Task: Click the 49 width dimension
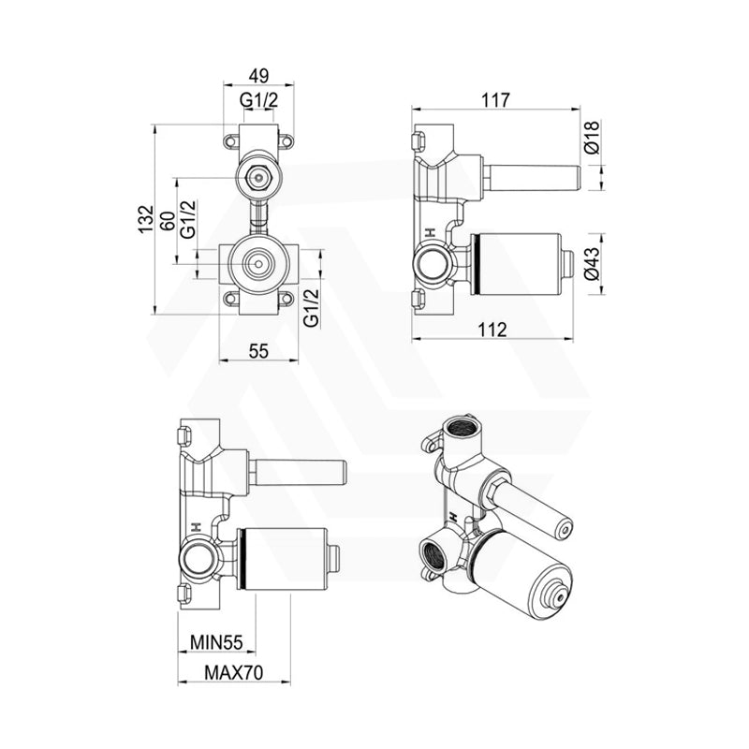click(x=257, y=76)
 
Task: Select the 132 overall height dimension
click(x=146, y=219)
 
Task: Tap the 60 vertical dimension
click(x=167, y=222)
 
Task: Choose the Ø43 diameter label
click(x=592, y=265)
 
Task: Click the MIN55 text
click(x=216, y=642)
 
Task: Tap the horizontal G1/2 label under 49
click(x=257, y=100)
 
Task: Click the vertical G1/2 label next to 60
click(x=188, y=219)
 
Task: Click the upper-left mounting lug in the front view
click(x=230, y=141)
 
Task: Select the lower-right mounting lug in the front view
click(x=286, y=299)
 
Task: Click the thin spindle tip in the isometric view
click(x=564, y=531)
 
